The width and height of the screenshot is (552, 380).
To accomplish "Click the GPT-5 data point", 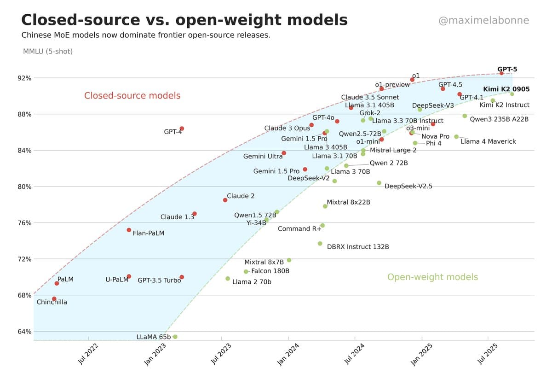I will [x=501, y=73].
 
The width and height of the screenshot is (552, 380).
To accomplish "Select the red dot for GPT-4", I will [x=182, y=129].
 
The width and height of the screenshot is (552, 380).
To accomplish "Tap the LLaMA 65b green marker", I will [x=175, y=337].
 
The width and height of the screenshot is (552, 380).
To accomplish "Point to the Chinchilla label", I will [x=52, y=302].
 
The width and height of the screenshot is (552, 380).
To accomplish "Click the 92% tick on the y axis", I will [x=25, y=78].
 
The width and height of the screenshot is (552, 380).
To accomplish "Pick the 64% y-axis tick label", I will [x=25, y=331].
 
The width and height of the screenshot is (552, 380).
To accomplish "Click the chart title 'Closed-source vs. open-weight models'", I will [x=184, y=20].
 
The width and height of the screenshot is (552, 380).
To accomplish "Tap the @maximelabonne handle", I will [x=484, y=21].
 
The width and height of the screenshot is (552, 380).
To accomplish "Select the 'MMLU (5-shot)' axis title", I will [x=48, y=51].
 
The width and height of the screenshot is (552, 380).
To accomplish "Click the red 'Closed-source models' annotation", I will [x=132, y=96].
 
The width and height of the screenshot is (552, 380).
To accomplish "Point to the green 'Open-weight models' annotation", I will [x=432, y=277].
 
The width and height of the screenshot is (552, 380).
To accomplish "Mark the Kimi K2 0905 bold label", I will [x=506, y=89].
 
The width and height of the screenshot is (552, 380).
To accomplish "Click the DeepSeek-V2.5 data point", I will [x=379, y=183].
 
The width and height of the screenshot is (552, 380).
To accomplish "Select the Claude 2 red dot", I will [x=225, y=200].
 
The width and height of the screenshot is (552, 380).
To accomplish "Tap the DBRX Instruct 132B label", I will [x=358, y=247].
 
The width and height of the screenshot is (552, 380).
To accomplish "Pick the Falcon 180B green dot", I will [x=246, y=272].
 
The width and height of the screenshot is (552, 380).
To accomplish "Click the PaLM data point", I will [x=57, y=283].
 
